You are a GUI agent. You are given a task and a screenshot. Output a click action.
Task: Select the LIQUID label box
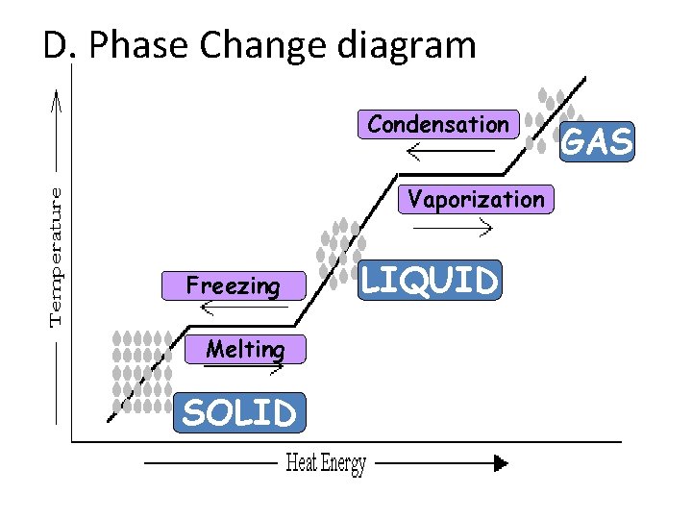(x=430, y=281)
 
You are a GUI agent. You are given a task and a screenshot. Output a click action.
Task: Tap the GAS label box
(x=597, y=142)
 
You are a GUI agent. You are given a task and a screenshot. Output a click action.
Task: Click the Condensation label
(x=438, y=125)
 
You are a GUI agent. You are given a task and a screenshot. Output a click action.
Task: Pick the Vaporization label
(x=476, y=199)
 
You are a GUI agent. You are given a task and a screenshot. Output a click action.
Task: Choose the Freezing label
(x=234, y=285)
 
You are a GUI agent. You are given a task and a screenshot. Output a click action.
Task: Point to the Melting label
(x=245, y=349)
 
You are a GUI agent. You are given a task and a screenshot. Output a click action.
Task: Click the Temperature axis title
(x=58, y=256)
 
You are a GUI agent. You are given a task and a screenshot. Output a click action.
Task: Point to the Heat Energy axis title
(x=326, y=464)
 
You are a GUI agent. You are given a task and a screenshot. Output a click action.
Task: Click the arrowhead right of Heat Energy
(x=500, y=463)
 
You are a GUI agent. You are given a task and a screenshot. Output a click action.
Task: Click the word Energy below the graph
(x=344, y=464)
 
